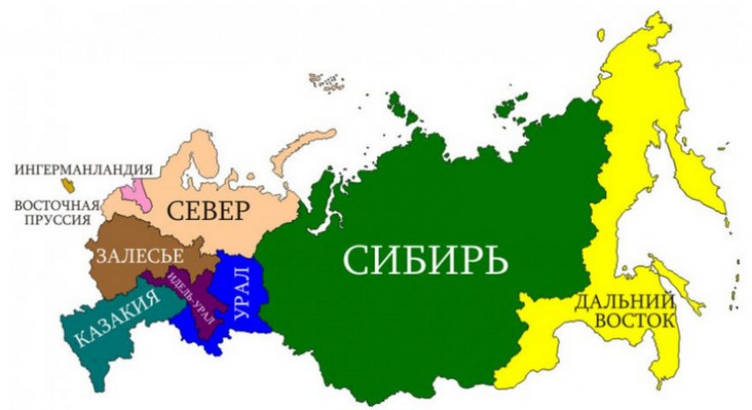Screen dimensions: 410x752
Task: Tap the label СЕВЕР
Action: [x=210, y=211]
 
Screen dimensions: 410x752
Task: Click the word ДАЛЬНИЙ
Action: [x=625, y=301]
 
